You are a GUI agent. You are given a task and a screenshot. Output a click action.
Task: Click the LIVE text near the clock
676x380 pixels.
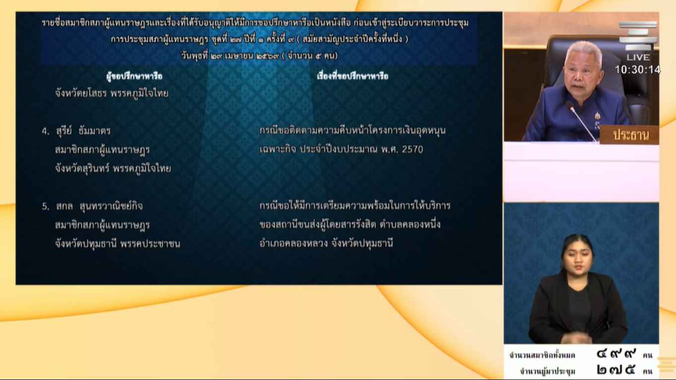(x=638, y=57)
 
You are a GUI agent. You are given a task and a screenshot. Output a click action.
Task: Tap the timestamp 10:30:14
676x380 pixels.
(x=637, y=70)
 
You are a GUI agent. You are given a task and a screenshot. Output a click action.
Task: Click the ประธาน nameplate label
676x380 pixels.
(x=631, y=135)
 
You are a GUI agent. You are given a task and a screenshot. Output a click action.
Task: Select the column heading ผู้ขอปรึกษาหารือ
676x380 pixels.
(x=134, y=76)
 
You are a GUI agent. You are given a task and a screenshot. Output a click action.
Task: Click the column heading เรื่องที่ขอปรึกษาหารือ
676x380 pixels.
(x=353, y=76)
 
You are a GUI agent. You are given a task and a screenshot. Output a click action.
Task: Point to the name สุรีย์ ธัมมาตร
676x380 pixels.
(x=83, y=131)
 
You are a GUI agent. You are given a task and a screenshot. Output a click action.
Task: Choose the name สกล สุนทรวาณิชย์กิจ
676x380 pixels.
(x=99, y=206)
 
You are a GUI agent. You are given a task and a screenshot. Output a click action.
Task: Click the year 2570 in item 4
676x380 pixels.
(x=412, y=150)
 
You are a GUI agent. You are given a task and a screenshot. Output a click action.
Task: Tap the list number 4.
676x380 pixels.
(x=45, y=131)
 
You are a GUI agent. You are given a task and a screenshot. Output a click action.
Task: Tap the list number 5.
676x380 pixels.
(x=45, y=207)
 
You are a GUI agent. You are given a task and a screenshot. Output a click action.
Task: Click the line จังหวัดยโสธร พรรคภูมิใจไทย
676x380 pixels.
(x=112, y=94)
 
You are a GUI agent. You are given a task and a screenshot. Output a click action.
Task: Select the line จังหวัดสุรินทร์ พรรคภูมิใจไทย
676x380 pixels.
(x=113, y=168)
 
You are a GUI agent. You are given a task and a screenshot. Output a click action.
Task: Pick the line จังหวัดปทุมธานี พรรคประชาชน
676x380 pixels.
(x=118, y=244)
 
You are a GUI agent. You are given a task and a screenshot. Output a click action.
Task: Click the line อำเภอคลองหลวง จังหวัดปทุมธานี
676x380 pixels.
(x=326, y=243)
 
